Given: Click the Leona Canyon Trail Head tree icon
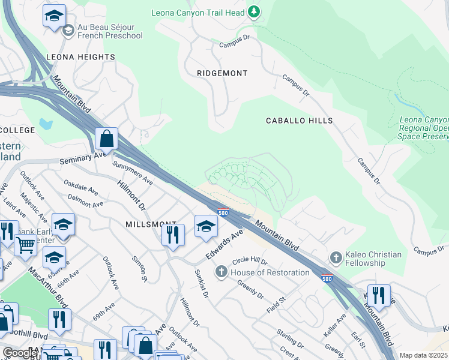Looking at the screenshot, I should point(254,11).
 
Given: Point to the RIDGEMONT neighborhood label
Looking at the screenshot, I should point(222,73).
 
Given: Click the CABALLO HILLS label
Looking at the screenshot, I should point(300,121).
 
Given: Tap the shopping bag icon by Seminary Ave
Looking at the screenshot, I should point(106,139).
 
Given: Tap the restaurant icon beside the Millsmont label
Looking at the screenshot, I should point(173,235).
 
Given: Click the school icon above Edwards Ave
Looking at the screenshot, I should point(206,226).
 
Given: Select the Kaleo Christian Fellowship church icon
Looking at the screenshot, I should point(336,259).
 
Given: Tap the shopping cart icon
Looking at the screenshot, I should point(25,245).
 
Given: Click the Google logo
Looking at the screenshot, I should point(20,353).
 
